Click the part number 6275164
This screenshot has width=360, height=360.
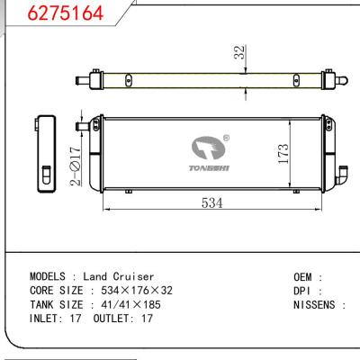click(x=53, y=14)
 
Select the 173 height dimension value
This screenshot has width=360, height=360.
click(x=282, y=155)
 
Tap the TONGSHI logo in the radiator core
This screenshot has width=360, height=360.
click(x=209, y=151)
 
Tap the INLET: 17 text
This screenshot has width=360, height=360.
click(x=55, y=319)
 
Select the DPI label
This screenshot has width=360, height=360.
click(x=304, y=291)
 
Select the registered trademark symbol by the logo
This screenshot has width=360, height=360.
click(x=225, y=139)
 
